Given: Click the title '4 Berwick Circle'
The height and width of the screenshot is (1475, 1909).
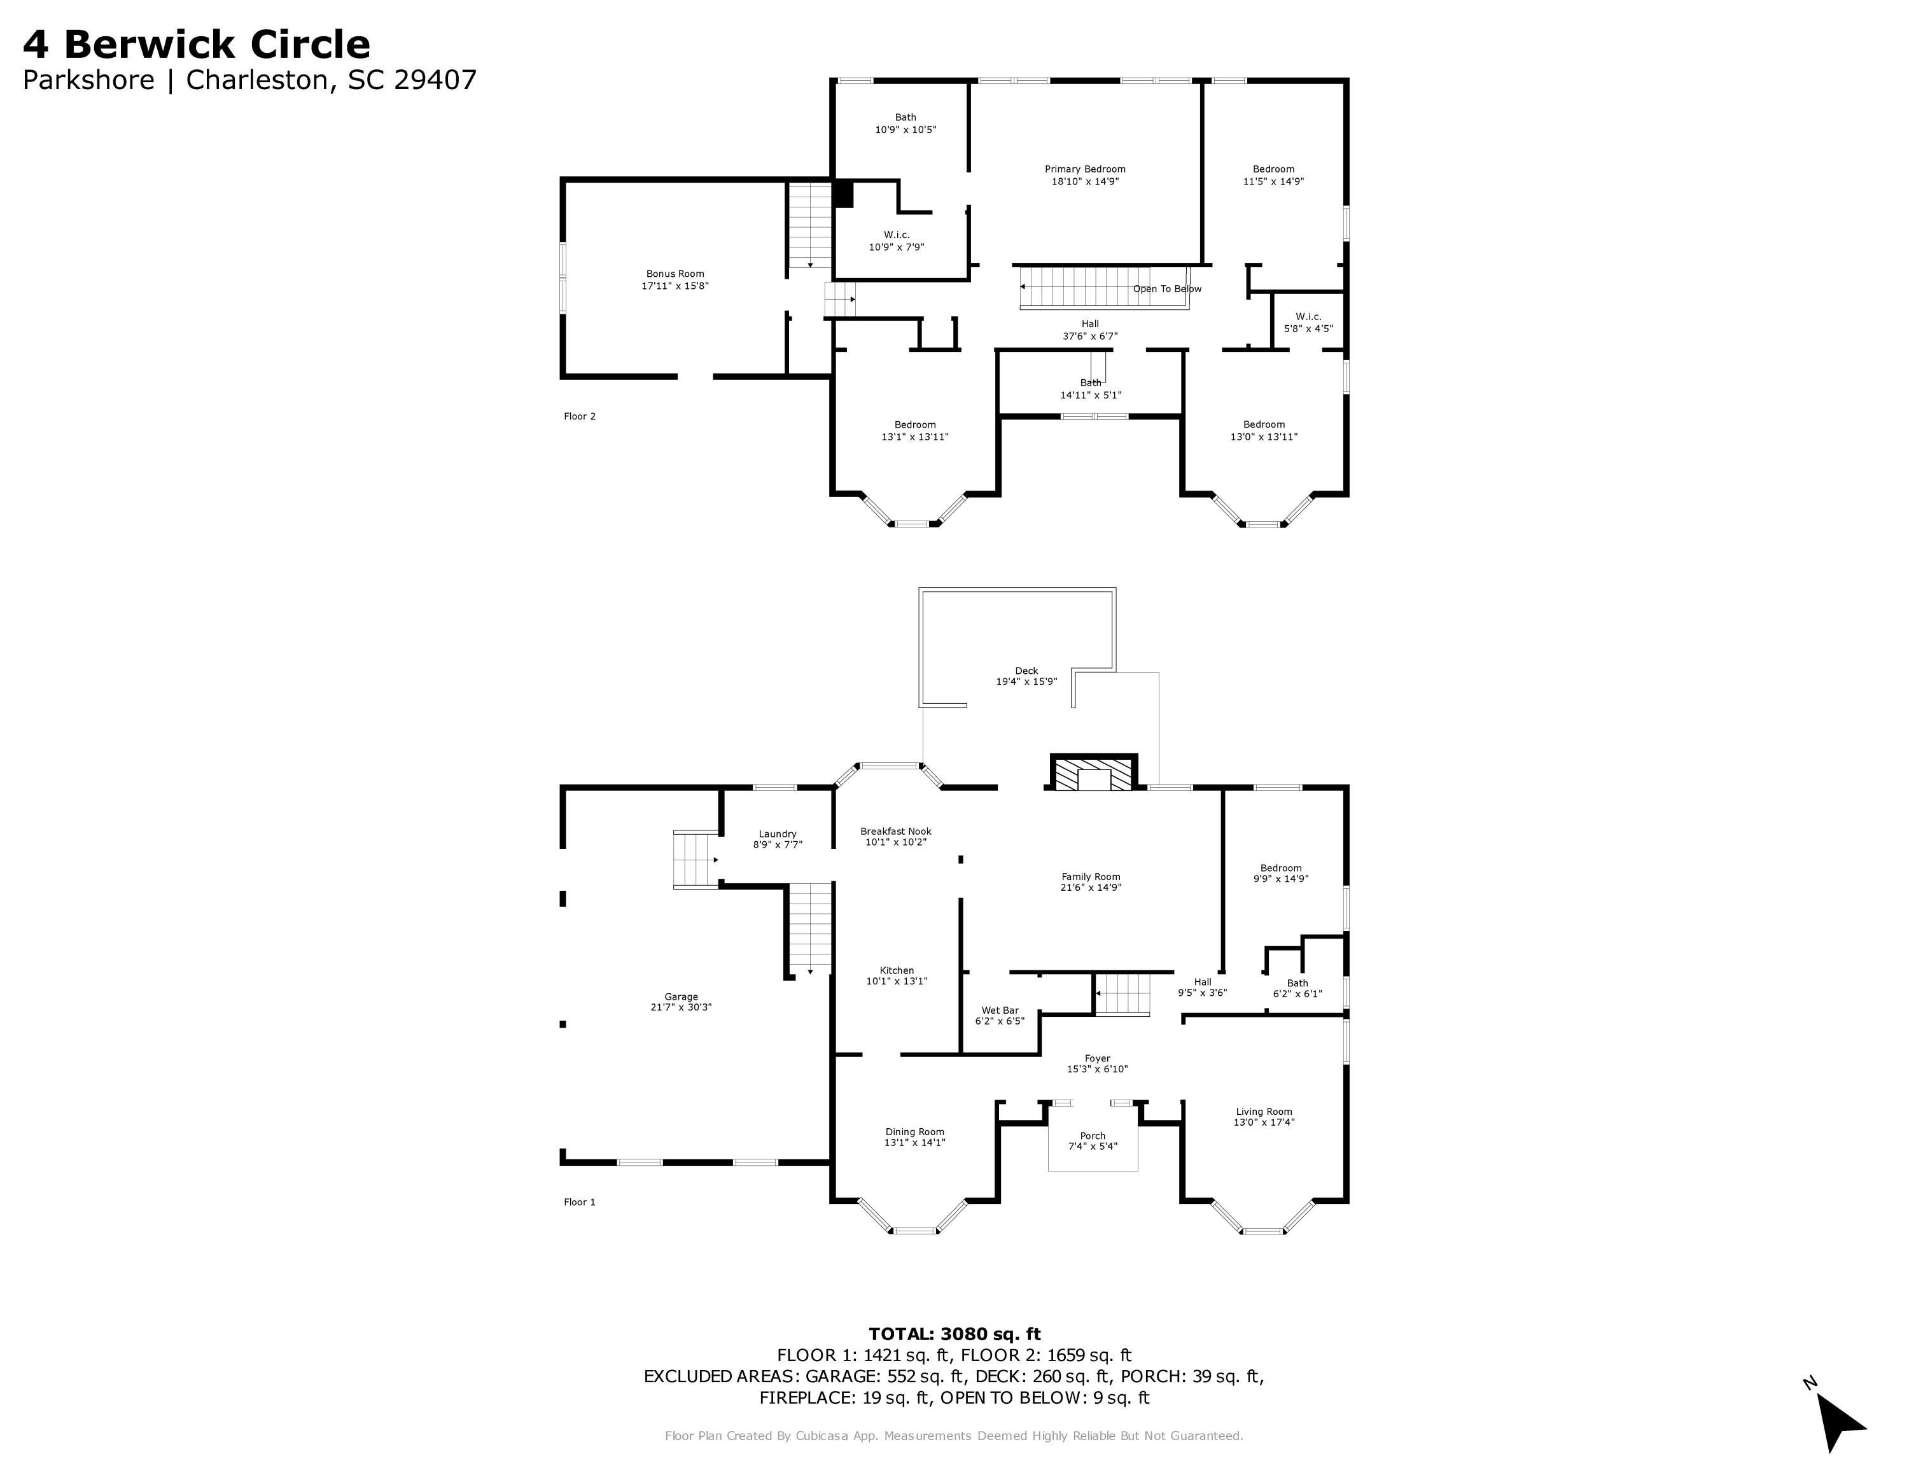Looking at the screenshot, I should [x=196, y=45].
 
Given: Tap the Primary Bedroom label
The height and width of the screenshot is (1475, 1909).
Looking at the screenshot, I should [x=1085, y=169].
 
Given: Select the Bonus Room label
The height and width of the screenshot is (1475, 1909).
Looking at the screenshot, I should [x=675, y=274].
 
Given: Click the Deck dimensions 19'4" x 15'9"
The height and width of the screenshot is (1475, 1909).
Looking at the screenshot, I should [x=1026, y=682].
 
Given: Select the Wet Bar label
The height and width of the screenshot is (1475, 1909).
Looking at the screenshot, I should [x=1000, y=1010].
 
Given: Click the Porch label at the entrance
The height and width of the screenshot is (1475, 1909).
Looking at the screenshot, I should [x=1093, y=1136].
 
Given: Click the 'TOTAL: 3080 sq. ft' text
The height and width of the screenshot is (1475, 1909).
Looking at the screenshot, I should [x=954, y=1334].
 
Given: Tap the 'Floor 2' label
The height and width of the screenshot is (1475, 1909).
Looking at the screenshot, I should [x=580, y=417].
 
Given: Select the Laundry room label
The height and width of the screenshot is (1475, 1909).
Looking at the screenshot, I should [x=777, y=834].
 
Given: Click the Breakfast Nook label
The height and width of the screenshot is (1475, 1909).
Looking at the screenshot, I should [x=896, y=832].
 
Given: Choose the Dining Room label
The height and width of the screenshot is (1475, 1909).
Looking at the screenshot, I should [x=914, y=1131].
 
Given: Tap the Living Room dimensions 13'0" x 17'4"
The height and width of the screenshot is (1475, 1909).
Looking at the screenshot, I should [x=1264, y=1123].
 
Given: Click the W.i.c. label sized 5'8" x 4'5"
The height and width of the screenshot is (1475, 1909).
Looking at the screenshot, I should [x=1308, y=317].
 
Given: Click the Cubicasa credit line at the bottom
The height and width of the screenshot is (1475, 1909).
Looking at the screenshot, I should [x=954, y=1436].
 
